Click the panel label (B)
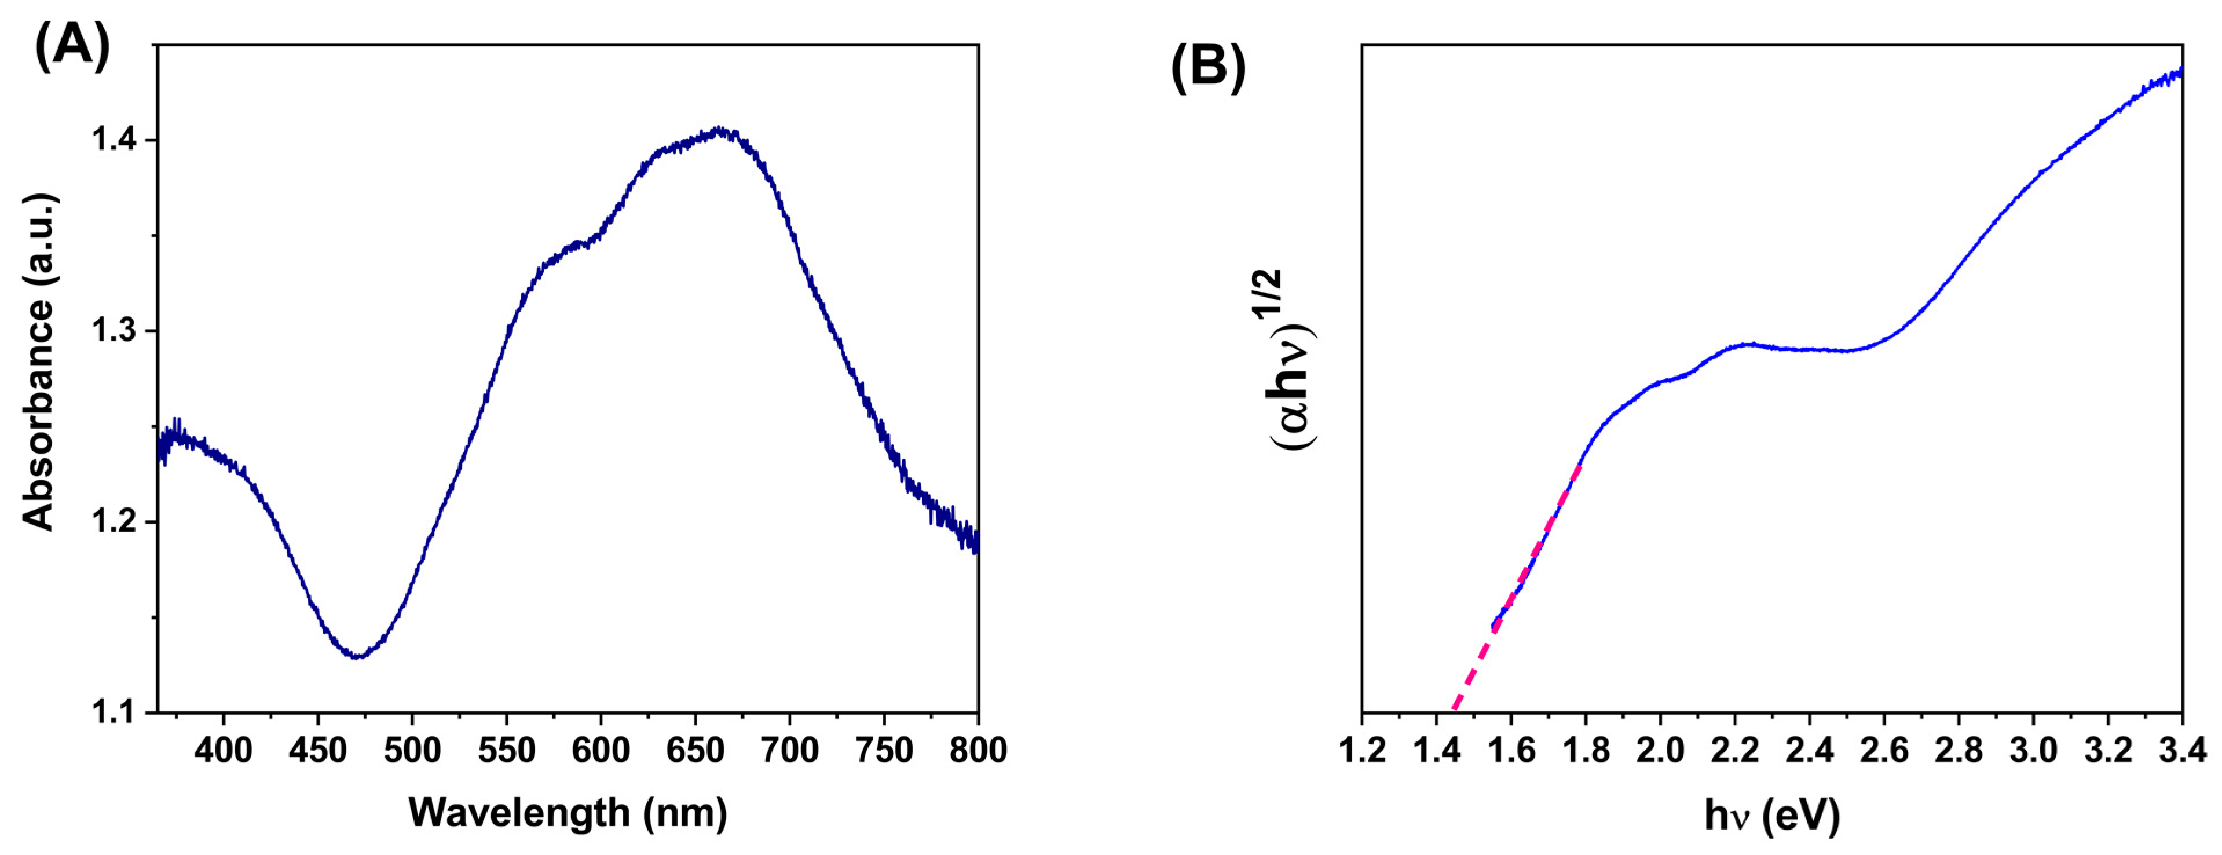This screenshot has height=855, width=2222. coord(1207,67)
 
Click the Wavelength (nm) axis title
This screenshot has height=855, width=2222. coord(568,813)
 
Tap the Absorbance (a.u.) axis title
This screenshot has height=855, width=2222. coord(39,361)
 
